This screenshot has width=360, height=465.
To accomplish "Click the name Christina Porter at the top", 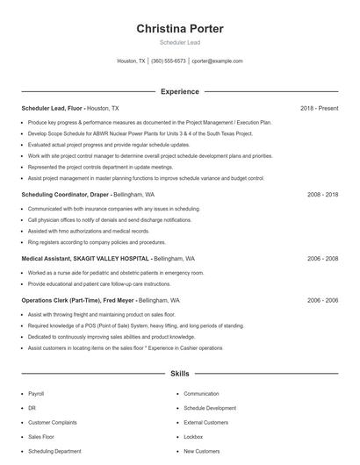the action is [x=179, y=28].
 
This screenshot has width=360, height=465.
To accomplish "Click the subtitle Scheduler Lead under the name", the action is [x=179, y=43].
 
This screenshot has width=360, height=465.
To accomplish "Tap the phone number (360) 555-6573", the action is [x=169, y=61].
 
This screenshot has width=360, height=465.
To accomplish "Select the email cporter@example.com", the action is [x=217, y=61].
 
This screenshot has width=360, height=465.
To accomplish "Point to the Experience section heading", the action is [x=179, y=91].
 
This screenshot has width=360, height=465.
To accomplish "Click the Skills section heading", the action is [x=179, y=374].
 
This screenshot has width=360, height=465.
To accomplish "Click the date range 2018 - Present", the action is [x=319, y=108].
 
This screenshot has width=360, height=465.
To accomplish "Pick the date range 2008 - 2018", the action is [x=322, y=194].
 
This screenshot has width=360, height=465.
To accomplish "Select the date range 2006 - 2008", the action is [x=322, y=259].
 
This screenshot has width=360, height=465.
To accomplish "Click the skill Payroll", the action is [x=36, y=394].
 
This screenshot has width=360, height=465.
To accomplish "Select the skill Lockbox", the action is [x=194, y=436].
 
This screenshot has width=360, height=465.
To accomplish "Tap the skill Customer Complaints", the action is [x=52, y=422].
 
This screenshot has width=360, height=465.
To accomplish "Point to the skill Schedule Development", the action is [x=209, y=408].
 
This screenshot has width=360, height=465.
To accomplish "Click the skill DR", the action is [x=32, y=408].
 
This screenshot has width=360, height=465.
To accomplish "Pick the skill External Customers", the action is [x=206, y=422].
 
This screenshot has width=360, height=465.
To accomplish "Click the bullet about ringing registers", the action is [x=97, y=241].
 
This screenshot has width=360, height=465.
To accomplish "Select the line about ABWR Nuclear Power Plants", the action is [x=140, y=133].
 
